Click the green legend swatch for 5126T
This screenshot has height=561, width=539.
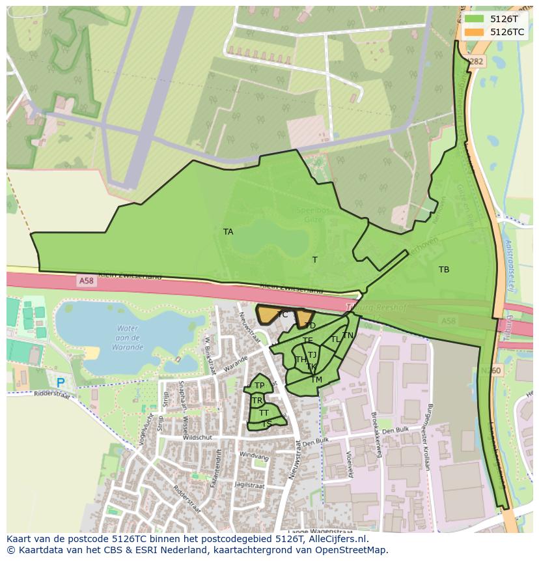[475, 19]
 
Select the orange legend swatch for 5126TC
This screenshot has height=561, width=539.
[475, 32]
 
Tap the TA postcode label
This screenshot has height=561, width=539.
[228, 232]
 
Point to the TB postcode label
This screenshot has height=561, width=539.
[444, 270]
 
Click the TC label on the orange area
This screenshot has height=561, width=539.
[283, 315]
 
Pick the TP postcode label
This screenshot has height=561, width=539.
[259, 386]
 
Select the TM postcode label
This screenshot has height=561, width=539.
[316, 380]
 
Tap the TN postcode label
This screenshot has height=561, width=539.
[348, 336]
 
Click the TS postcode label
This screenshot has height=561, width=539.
[267, 424]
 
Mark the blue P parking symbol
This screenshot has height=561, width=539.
[61, 383]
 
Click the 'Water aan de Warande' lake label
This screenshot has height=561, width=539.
[127, 338]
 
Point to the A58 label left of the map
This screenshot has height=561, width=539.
[86, 281]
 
